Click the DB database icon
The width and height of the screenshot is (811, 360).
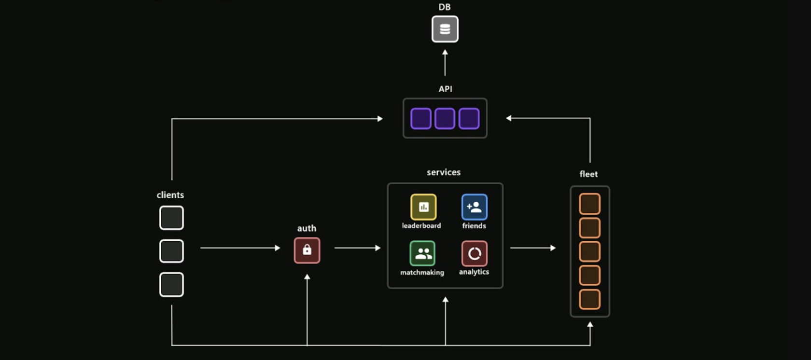coord(445,29)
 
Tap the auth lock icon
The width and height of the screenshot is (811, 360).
coord(307,250)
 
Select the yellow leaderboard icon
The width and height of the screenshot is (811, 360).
coord(423,207)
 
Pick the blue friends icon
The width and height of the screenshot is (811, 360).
coord(474,207)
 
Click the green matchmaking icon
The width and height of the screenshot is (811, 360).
coord(422,253)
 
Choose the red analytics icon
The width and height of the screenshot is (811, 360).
coord(474,253)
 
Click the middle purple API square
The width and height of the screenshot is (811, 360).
coord(445,119)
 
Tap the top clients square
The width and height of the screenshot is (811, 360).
coord(171,218)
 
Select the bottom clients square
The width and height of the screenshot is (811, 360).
coord(171,284)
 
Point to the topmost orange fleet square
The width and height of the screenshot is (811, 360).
coord(589,204)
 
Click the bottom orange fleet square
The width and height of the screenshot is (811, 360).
coord(589,299)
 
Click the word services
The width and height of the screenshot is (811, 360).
coord(444,172)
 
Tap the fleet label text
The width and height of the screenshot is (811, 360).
coord(588,174)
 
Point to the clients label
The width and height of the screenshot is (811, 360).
coord(170,195)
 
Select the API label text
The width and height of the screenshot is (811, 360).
coord(445,89)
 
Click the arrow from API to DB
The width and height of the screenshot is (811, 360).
coord(445,63)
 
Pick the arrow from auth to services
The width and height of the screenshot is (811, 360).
coord(357,248)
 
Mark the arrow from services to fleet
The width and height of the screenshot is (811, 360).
coord(532,248)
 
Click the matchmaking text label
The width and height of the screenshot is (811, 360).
coord(422,273)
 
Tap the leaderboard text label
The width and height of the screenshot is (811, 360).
coord(421,226)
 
